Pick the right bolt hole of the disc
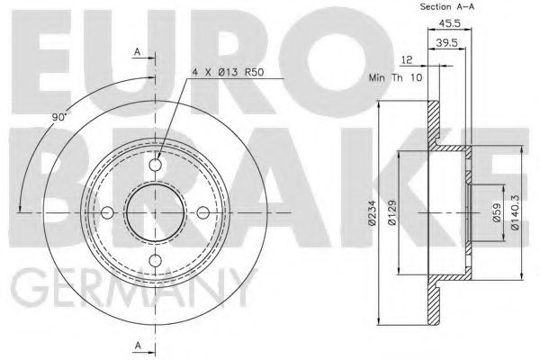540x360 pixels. [x=203, y=212]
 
